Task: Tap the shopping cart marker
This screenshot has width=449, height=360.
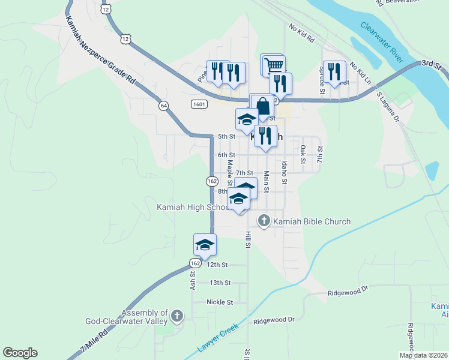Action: (274, 65)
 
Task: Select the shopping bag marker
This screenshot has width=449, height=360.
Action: (262, 106)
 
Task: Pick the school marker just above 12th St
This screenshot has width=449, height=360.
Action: (205, 245)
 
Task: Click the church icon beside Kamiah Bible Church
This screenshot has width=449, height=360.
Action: (264, 221)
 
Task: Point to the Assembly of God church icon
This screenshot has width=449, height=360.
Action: (176, 315)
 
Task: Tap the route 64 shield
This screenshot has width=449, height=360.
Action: (164, 105)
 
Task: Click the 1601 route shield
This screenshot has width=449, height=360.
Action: (199, 104)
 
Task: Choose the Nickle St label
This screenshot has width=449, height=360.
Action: (220, 302)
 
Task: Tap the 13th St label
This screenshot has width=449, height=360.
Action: (220, 283)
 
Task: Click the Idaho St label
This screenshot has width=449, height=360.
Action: (285, 172)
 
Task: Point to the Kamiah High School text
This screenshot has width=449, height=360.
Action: (191, 208)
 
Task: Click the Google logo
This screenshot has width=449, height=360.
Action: (20, 353)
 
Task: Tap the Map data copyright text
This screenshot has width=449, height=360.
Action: (423, 355)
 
